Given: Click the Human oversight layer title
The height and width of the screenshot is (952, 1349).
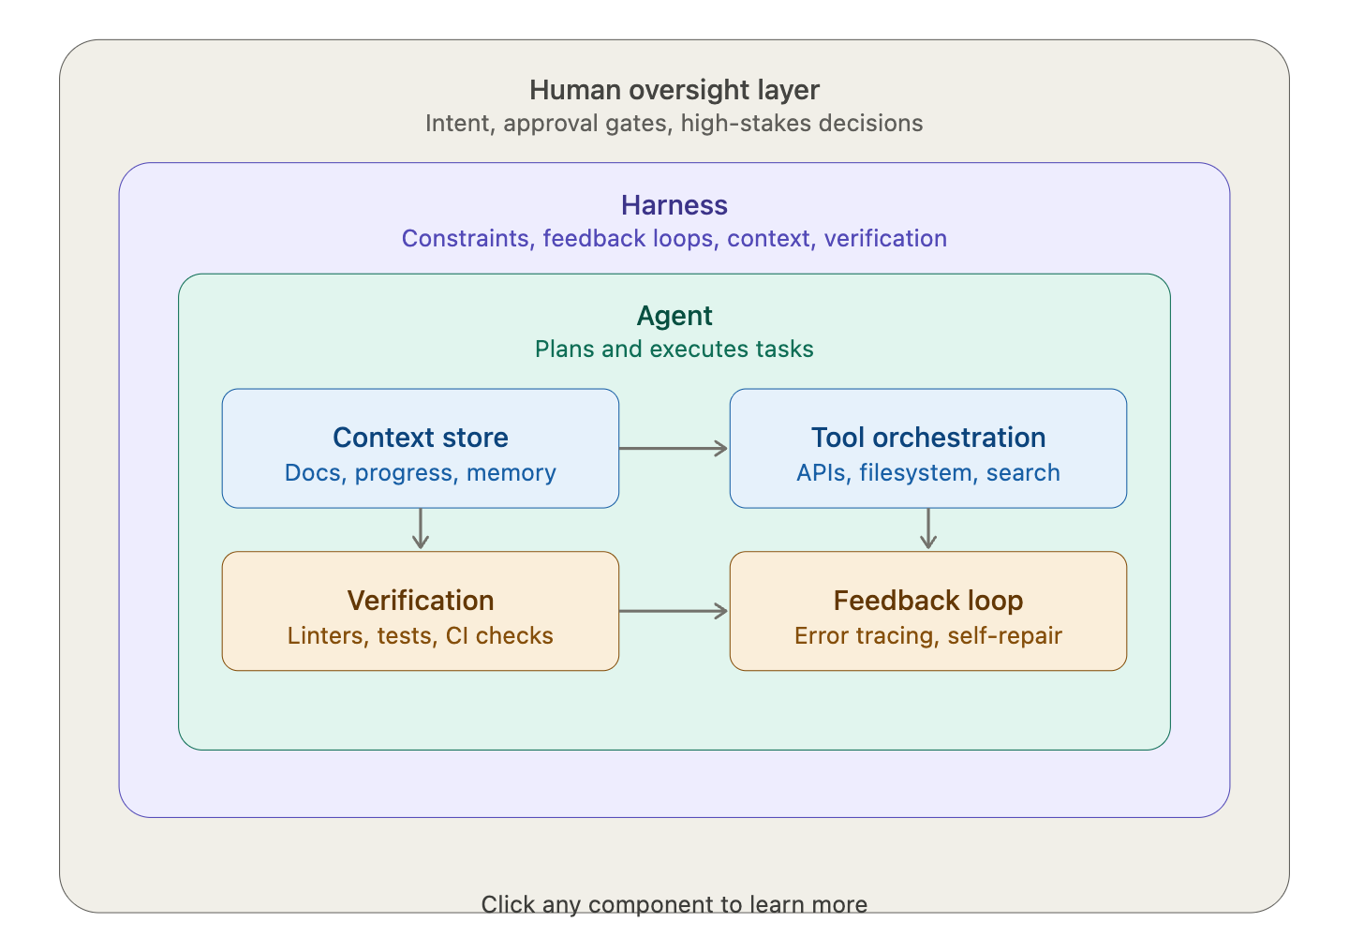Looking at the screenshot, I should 674,90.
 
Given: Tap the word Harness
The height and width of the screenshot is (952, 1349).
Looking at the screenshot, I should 674,205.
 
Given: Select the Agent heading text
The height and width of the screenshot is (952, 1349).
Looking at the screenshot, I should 674,316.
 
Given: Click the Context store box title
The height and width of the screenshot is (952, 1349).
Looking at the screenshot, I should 421,438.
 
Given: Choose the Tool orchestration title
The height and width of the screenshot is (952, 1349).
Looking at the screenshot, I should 927,438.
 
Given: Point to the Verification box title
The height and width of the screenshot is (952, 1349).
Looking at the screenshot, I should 421,601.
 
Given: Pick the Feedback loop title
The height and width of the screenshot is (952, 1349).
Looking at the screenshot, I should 927,601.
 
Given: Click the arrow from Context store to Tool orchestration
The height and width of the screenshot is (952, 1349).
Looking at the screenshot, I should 674,449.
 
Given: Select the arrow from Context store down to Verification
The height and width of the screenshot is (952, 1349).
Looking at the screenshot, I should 421,529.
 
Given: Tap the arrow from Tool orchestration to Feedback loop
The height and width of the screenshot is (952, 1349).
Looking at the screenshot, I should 928,529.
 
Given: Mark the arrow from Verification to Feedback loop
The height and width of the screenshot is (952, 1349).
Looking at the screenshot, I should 674,612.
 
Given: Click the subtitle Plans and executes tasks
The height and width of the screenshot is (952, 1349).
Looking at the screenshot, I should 674,350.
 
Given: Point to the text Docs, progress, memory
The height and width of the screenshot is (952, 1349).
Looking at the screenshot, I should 421,473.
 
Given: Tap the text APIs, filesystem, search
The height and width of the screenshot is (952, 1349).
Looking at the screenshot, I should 927,473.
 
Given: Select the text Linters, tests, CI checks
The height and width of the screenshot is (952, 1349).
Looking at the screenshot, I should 421,636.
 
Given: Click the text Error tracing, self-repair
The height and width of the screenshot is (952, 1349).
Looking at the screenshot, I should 927,636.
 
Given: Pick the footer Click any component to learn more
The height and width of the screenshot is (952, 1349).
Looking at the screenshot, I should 674,904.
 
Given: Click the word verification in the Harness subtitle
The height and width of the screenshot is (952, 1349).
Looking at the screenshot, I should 885,239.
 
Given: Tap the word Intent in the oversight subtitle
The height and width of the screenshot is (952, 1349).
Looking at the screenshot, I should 458,124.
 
